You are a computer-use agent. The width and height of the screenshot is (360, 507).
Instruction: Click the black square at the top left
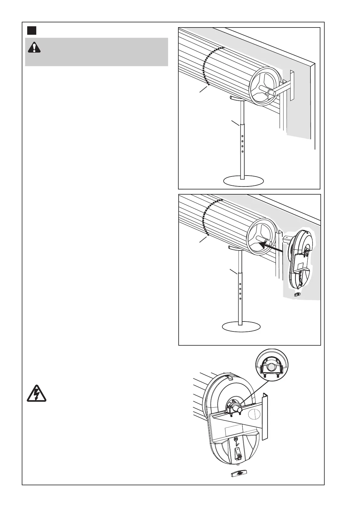pos(32,31)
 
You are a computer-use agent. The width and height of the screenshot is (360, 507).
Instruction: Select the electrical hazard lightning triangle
pos(36,393)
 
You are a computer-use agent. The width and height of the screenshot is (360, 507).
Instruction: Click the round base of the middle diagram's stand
pos(241,327)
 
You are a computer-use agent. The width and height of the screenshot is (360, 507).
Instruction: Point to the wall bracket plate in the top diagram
pos(292,85)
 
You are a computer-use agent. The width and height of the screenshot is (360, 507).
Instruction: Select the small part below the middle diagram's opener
pos(297,294)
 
